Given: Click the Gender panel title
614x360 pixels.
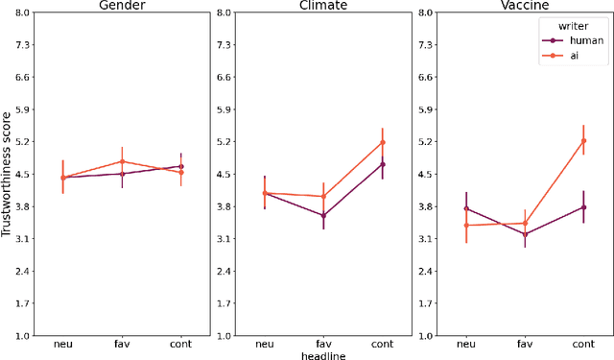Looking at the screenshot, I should click(x=122, y=6).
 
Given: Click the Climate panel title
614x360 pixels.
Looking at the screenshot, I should click(x=323, y=6).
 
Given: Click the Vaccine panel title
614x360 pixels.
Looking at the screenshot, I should click(x=525, y=6).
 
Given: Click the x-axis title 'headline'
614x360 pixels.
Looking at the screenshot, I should click(x=323, y=355).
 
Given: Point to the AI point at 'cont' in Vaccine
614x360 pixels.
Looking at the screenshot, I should click(x=583, y=140).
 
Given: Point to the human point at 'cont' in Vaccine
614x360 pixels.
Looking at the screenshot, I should click(x=583, y=206).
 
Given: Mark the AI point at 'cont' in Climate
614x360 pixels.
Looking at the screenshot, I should click(x=382, y=142).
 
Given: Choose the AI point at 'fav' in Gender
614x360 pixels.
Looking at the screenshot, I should click(x=122, y=161).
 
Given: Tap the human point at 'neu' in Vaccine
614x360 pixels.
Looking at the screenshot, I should click(x=466, y=207).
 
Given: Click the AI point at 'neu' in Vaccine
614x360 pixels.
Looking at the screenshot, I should click(x=466, y=226).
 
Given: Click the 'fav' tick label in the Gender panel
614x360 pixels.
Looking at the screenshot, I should click(x=122, y=344).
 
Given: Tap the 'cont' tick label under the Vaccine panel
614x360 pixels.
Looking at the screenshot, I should click(x=583, y=344).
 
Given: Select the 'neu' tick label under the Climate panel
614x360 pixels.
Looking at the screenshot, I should click(x=265, y=344).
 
